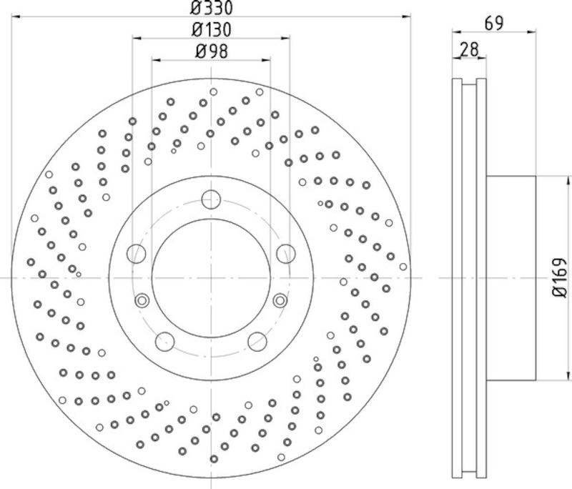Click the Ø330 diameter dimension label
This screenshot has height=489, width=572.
tap(211, 8)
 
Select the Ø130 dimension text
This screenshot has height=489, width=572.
tap(211, 30)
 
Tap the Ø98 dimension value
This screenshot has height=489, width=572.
tap(212, 51)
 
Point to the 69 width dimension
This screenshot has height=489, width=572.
tap(494, 24)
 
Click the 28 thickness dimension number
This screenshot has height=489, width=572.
tap(469, 49)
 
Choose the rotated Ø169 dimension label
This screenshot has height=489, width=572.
tap(560, 278)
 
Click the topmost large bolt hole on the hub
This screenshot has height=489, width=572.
tap(211, 199)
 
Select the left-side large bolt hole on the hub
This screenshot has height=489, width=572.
tap(137, 253)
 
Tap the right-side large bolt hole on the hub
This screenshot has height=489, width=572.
tap(285, 253)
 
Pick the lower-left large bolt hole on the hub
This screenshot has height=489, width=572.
tap(165, 342)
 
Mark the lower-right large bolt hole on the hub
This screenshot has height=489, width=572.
tap(257, 342)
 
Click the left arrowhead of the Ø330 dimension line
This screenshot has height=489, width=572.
tap(16, 16)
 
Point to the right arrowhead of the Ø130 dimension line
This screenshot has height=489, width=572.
tap(285, 38)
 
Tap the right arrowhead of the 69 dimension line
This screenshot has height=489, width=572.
tap(531, 32)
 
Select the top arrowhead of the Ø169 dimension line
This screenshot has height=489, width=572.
tap(568, 181)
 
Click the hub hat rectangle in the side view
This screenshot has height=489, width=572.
tap(511, 278)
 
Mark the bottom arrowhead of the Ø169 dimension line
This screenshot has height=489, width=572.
tap(568, 376)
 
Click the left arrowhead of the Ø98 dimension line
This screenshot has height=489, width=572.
tap(157, 59)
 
